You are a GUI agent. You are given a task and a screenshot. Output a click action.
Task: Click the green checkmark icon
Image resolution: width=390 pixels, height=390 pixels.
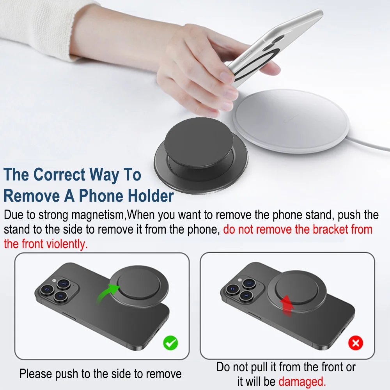(x=170, y=343)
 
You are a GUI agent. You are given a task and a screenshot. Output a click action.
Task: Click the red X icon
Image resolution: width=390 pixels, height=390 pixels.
(x=355, y=343)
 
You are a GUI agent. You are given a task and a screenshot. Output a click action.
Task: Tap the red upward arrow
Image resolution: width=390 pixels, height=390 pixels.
(x=287, y=305)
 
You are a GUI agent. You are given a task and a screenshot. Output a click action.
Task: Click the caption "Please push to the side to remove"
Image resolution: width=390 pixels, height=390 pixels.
(x=100, y=374)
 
